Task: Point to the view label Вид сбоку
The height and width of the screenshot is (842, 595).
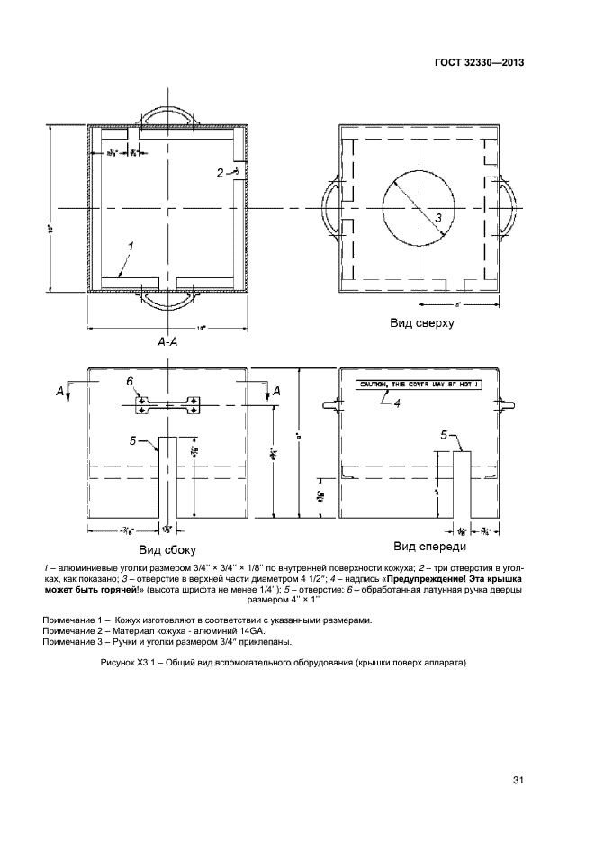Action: point(167,548)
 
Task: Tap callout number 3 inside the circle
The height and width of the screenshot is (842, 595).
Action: point(437,218)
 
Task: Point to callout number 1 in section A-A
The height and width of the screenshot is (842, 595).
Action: point(131,245)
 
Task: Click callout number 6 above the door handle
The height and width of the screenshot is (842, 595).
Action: point(131,383)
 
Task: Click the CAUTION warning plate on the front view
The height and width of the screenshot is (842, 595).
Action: point(419,385)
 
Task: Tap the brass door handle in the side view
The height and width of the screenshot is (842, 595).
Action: point(167,404)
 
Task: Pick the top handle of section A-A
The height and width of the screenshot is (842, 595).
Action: point(167,114)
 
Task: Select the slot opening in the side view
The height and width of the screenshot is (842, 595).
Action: point(167,477)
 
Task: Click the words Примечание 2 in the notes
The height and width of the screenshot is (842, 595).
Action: point(74,631)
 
